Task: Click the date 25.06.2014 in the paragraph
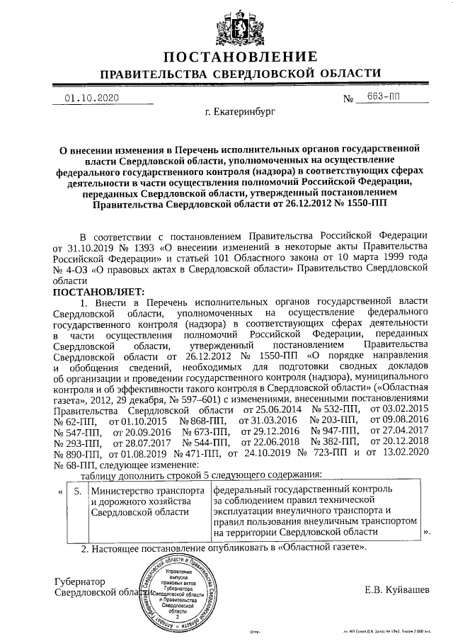(270, 409)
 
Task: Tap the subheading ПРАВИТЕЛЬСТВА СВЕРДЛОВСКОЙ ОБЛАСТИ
(239, 74)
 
